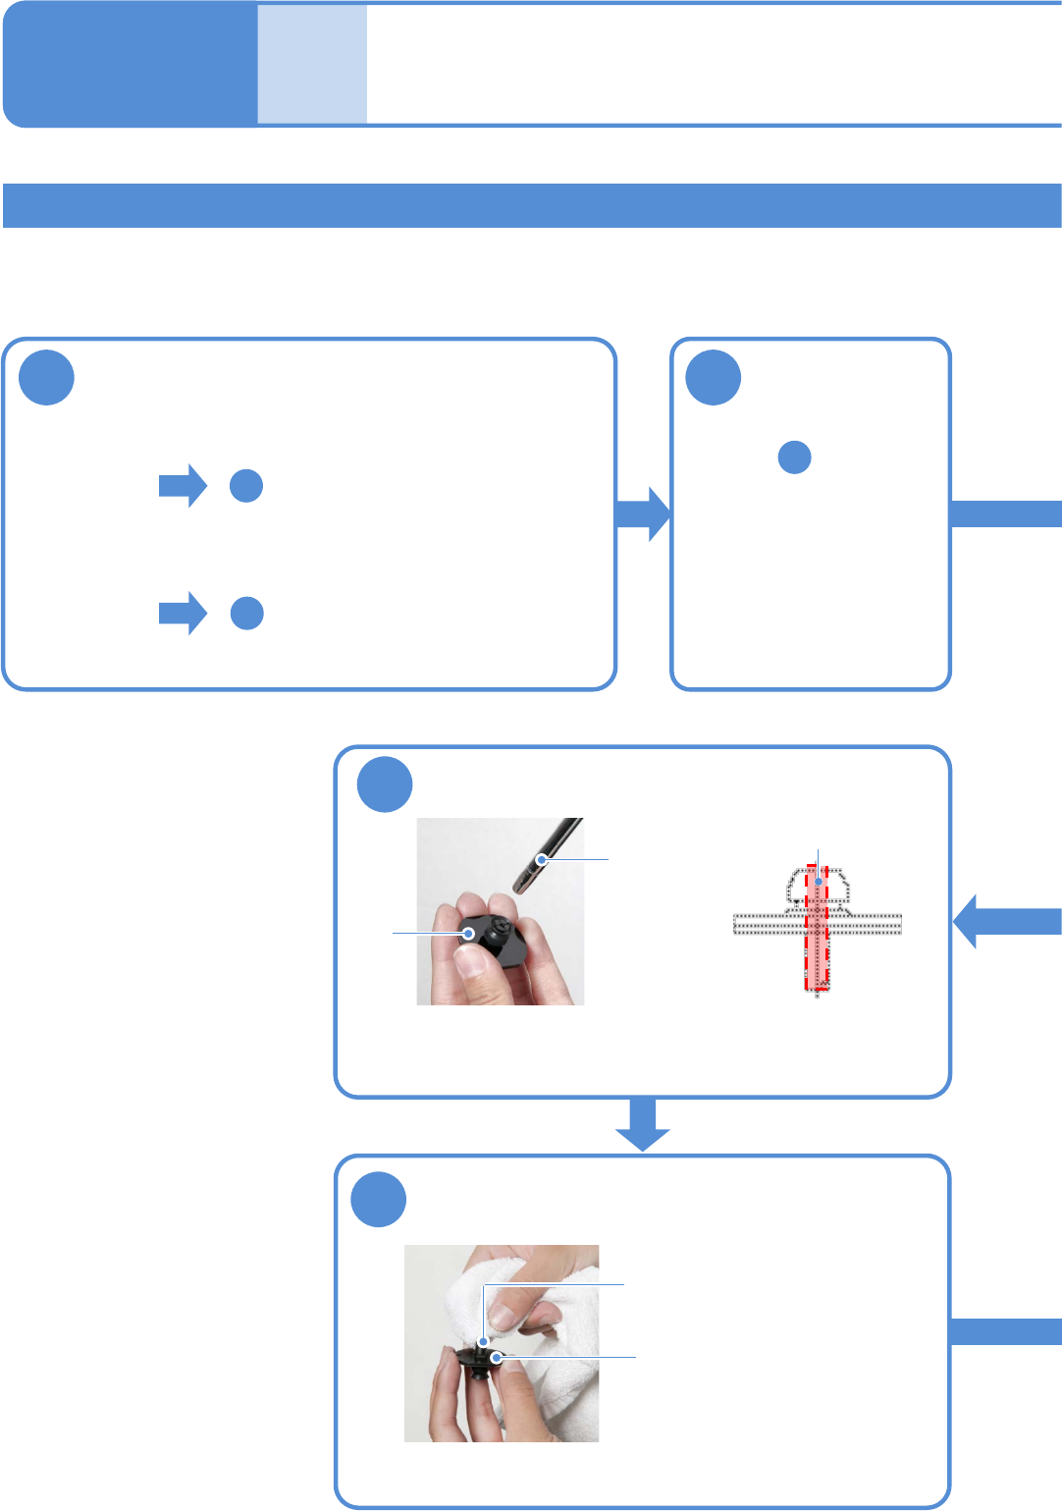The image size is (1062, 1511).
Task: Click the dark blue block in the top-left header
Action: [129, 65]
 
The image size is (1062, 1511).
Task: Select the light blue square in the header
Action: [312, 65]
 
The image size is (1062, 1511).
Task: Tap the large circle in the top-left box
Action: [47, 378]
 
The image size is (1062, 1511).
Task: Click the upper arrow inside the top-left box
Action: [183, 486]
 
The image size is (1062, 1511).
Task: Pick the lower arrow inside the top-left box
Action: [183, 614]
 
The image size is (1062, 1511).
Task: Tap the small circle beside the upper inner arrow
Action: [246, 486]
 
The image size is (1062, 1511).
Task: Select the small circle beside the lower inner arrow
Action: [247, 613]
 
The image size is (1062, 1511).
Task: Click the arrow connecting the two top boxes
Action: [643, 514]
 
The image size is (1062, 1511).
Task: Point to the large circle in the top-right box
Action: [714, 378]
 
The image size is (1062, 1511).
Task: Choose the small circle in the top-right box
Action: [794, 458]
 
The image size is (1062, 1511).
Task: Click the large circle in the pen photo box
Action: [385, 784]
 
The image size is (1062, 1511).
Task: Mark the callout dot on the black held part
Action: [469, 933]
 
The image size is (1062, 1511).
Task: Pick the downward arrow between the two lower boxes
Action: [643, 1125]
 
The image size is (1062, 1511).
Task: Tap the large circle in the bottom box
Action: [379, 1200]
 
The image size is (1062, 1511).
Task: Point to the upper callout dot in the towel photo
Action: [483, 1340]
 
